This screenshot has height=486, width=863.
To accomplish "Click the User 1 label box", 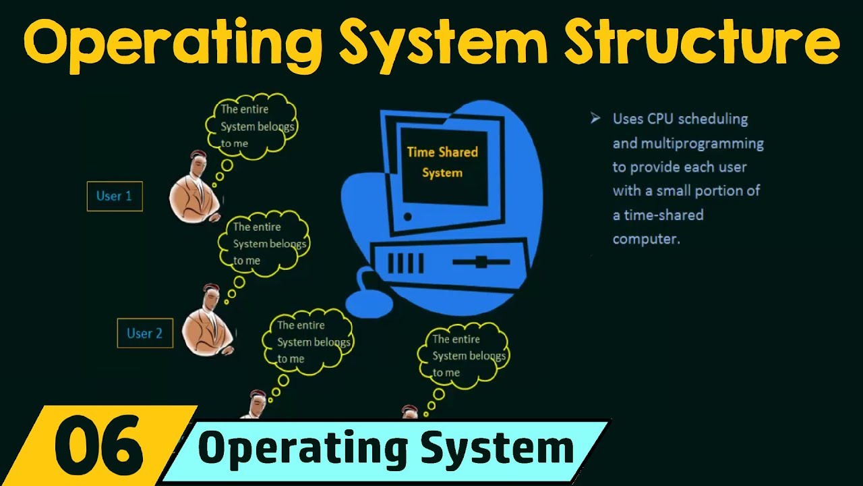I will point(115,196).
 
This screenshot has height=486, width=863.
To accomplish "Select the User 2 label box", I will point(145,333).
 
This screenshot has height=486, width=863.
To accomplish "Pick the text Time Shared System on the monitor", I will point(442,162).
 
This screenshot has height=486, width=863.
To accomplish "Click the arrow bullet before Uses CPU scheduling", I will point(595,119).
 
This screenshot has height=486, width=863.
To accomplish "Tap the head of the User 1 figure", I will point(198,163).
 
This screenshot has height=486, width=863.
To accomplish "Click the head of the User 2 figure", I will point(210,296).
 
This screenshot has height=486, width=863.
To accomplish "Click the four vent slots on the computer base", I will point(406,263).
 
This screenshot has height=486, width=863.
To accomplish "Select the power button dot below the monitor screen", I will point(407,217).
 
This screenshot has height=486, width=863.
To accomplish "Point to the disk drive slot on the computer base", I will point(480,262).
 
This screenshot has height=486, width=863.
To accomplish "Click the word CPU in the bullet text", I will point(661,119).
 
